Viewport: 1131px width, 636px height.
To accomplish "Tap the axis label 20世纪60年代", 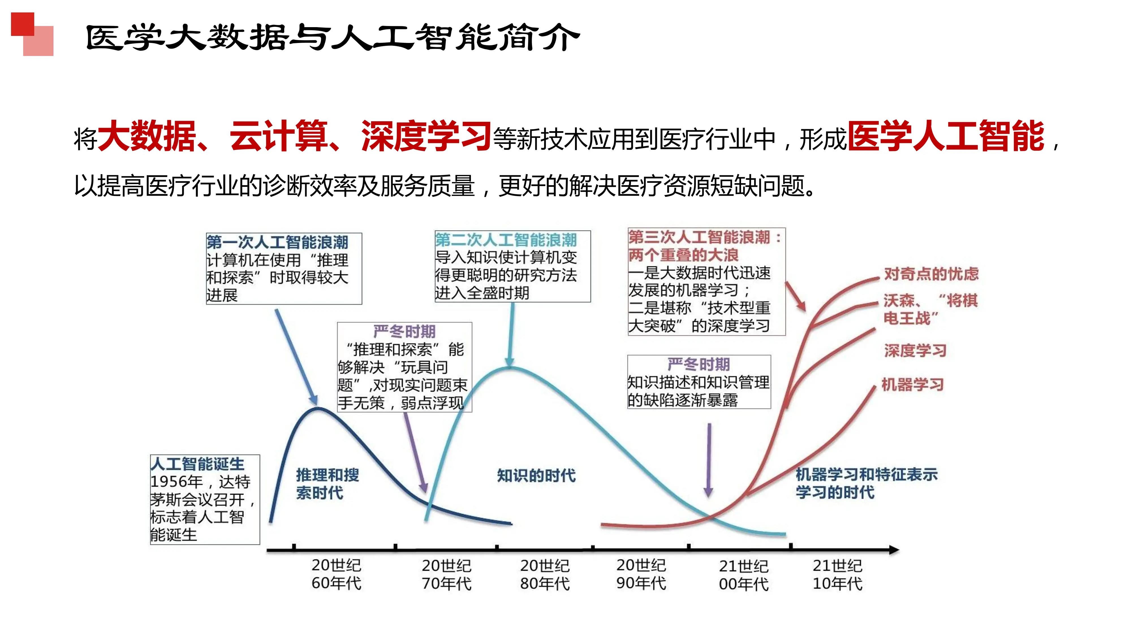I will (x=336, y=574).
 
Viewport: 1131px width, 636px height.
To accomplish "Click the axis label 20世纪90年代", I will (x=641, y=574).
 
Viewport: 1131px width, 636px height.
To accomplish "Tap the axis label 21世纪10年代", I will (x=837, y=575).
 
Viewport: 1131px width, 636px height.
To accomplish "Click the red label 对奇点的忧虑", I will (x=931, y=274).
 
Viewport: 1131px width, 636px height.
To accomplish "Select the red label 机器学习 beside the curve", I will (x=912, y=384).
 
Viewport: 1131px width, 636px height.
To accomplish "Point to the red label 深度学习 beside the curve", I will (x=915, y=351).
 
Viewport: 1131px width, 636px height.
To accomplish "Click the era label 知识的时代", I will (x=536, y=475).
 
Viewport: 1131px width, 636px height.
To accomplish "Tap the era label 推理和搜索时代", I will (x=327, y=484).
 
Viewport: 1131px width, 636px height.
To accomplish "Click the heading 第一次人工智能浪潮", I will (x=277, y=242).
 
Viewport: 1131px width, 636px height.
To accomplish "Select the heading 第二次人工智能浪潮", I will (x=506, y=240).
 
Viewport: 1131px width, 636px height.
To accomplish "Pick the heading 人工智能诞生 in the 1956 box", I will (x=197, y=464).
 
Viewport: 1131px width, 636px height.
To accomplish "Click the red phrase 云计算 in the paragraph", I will (x=278, y=137).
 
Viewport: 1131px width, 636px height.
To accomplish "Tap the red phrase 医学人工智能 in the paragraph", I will (x=946, y=137).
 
